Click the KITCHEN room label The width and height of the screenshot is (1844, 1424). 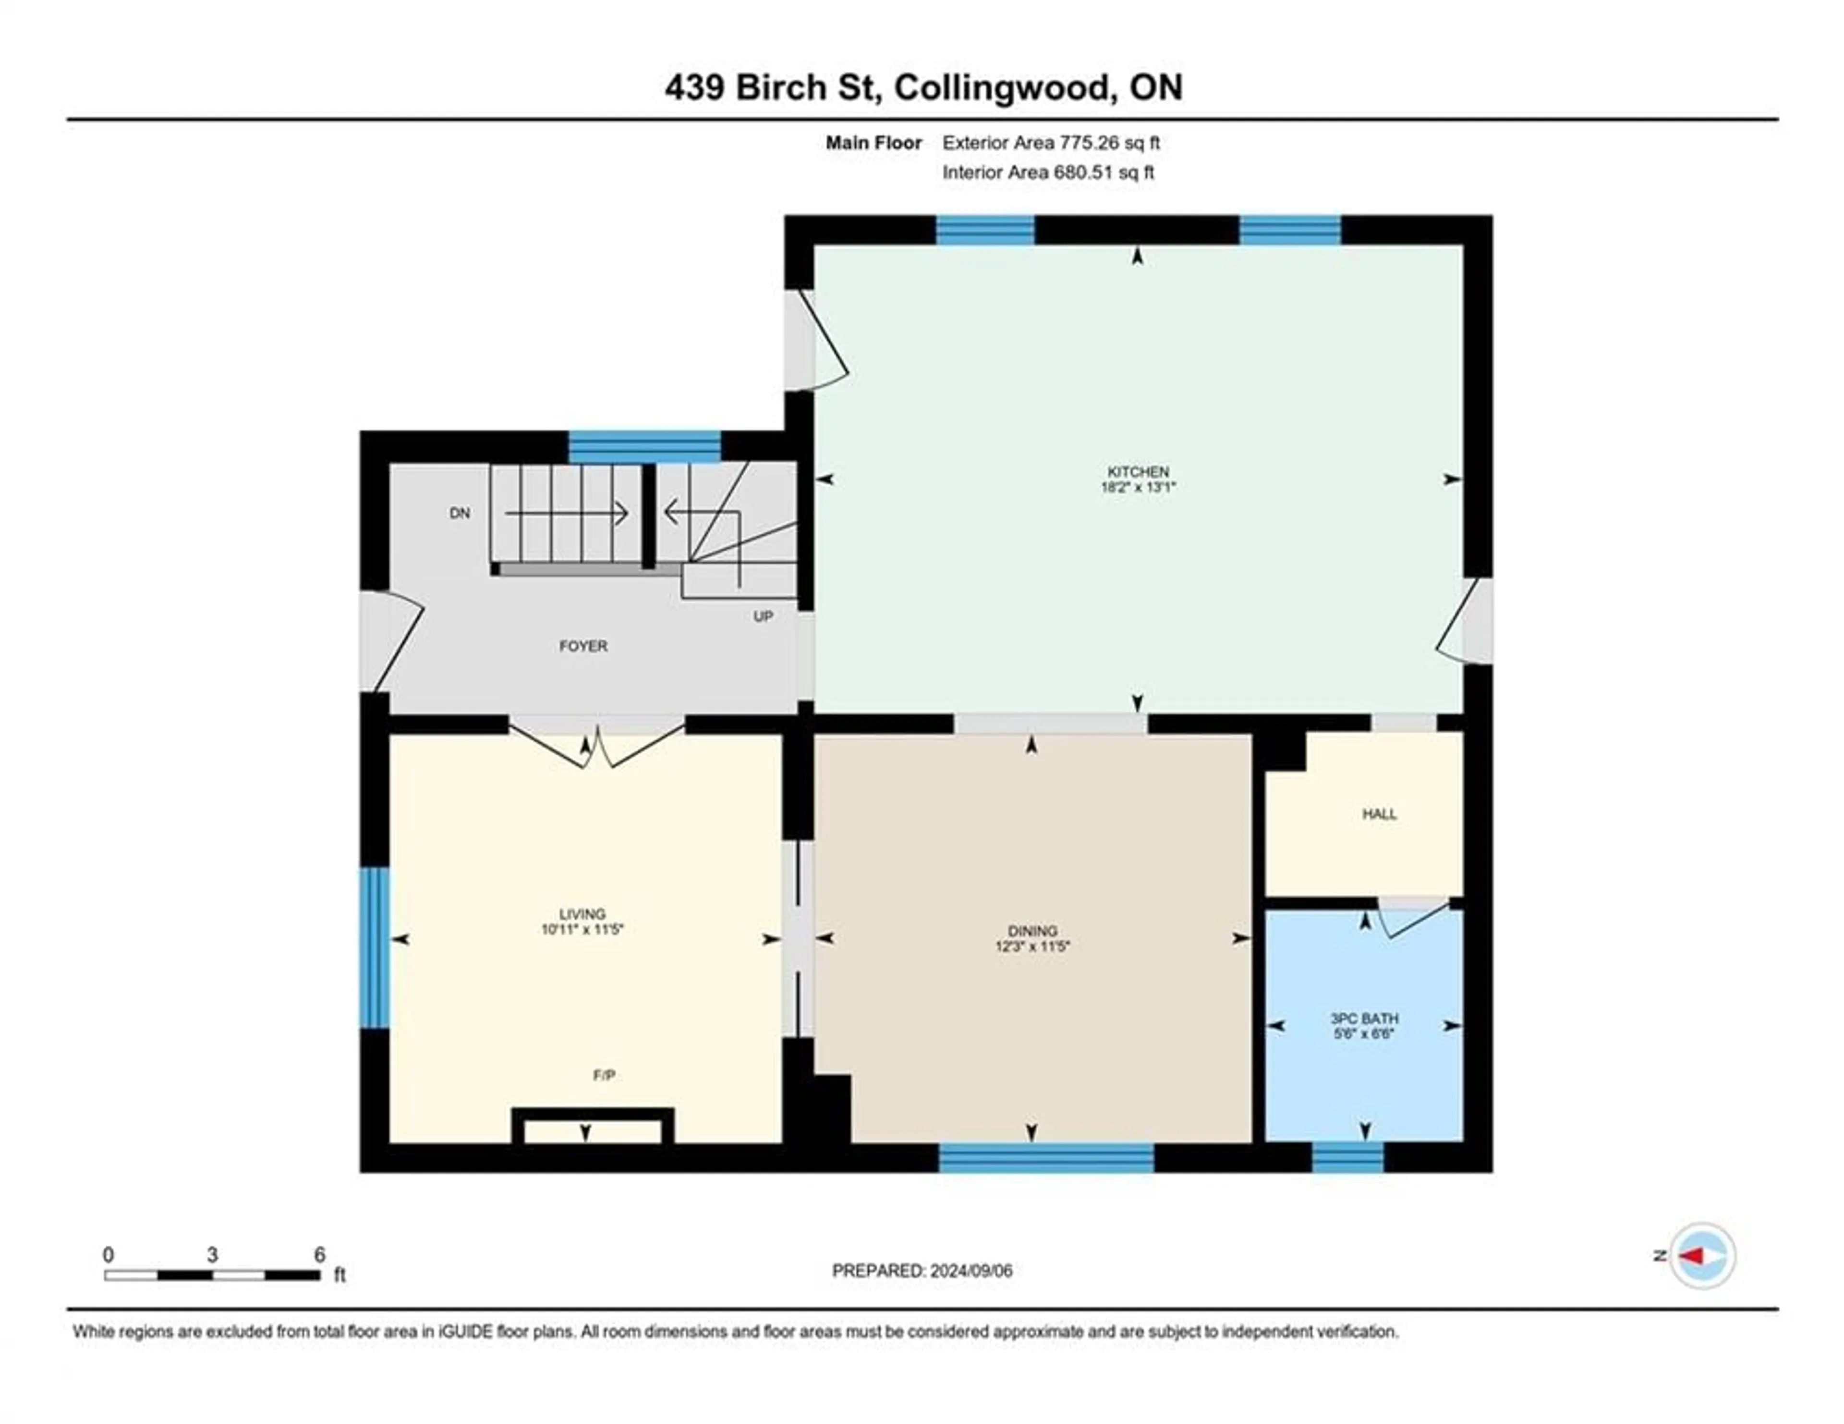tap(1137, 471)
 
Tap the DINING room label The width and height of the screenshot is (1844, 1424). tap(1032, 931)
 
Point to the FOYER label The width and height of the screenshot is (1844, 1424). tap(582, 646)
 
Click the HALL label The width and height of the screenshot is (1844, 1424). tap(1379, 814)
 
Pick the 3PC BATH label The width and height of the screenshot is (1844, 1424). tap(1364, 1019)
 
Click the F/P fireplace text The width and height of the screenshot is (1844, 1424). tap(604, 1075)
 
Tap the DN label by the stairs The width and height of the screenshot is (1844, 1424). tap(459, 514)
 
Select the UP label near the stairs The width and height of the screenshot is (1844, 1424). tap(763, 616)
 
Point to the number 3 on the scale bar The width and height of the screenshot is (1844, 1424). tap(212, 1255)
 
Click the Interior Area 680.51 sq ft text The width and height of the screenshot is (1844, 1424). tap(1048, 172)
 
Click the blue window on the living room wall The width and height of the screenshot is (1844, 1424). tap(374, 947)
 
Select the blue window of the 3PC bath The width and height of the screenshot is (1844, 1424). tap(1347, 1157)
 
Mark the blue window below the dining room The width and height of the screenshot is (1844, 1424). tap(1046, 1157)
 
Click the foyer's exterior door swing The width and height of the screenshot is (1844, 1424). tap(393, 640)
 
